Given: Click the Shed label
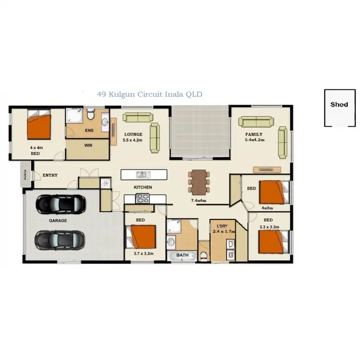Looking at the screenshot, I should click(x=339, y=104).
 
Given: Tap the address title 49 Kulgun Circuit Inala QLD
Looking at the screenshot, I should click(x=149, y=95).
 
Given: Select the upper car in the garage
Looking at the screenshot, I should click(x=61, y=204).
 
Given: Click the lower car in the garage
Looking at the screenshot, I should click(x=60, y=239).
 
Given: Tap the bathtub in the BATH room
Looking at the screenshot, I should click(x=182, y=256).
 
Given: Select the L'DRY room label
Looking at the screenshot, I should click(x=222, y=226).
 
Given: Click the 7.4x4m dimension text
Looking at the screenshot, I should click(x=198, y=200).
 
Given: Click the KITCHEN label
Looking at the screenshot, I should click(x=143, y=187).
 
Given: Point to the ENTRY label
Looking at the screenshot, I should click(x=50, y=175).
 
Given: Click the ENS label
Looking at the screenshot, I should click(x=89, y=130).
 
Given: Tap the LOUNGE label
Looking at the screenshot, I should click(x=132, y=134).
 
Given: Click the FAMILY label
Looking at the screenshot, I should click(x=254, y=134).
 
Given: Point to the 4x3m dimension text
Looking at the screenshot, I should click(x=267, y=208).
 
